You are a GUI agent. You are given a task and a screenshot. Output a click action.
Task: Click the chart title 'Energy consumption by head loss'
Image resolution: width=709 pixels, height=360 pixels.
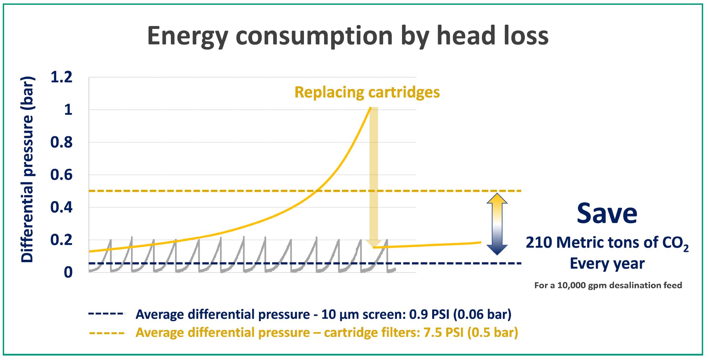(347, 36)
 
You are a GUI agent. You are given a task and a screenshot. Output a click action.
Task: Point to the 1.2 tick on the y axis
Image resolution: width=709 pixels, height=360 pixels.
(61, 77)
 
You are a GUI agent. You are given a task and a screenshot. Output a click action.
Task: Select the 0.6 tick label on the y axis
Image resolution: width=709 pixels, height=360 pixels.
(61, 175)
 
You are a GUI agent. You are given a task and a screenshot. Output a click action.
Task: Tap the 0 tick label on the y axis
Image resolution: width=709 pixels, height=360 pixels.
(68, 272)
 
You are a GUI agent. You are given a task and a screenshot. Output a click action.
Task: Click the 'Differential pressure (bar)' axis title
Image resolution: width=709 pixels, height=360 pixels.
(27, 170)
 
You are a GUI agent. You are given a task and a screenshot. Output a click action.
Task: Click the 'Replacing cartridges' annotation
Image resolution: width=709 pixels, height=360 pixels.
(367, 92)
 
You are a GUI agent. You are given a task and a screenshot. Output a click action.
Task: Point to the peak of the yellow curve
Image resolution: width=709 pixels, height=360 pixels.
(370, 108)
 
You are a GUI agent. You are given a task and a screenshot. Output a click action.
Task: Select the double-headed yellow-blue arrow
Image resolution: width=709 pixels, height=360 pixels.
(497, 224)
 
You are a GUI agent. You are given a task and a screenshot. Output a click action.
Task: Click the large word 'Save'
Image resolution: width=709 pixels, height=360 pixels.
(607, 213)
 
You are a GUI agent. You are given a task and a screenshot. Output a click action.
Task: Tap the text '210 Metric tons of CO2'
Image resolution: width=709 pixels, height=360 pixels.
(607, 243)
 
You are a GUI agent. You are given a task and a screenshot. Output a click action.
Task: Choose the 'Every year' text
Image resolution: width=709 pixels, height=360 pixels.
(607, 264)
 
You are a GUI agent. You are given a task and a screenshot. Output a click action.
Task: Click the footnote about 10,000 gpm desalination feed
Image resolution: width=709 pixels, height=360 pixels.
(608, 285)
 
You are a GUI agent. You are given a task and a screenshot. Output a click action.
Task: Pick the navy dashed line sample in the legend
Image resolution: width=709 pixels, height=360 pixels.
(107, 314)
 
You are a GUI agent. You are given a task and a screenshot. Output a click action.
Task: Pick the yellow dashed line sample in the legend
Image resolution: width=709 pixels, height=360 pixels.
(107, 333)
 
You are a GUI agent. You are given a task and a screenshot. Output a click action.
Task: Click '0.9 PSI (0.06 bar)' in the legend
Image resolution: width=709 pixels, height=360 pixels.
(460, 314)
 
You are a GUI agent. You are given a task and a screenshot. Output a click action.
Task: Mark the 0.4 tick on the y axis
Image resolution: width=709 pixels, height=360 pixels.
(61, 207)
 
